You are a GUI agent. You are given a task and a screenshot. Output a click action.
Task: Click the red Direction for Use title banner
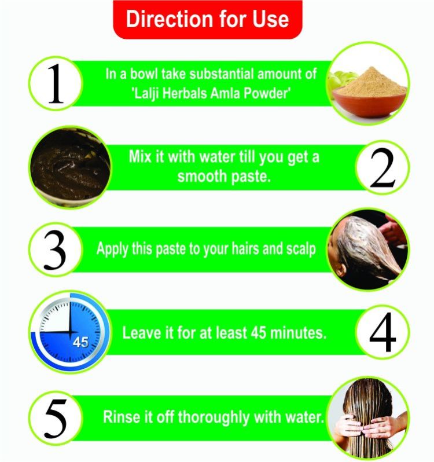click(208, 20)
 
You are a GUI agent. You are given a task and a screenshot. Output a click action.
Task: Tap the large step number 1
click(56, 84)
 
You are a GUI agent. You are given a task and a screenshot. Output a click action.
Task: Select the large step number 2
click(382, 168)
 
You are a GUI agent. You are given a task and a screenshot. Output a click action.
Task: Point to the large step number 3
click(55, 251)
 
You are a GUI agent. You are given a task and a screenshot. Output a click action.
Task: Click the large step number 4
click(382, 332)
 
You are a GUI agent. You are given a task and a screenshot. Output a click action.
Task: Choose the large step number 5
click(56, 419)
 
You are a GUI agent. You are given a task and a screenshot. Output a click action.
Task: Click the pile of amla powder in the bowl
click(371, 82)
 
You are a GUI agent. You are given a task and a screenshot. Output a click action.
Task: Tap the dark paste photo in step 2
click(71, 167)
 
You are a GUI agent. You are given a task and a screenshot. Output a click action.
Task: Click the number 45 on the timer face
click(80, 342)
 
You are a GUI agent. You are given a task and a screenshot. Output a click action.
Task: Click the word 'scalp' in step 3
click(301, 250)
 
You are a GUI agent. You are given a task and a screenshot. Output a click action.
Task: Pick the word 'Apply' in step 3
click(112, 250)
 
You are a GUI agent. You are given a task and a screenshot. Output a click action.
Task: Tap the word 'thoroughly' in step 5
click(214, 418)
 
